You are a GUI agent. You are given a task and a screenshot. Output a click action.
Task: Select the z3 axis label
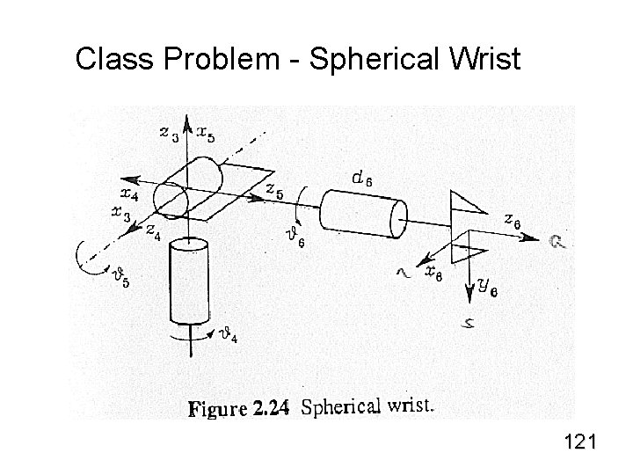click(x=169, y=134)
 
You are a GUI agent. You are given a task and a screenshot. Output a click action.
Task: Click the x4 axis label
click(x=127, y=194)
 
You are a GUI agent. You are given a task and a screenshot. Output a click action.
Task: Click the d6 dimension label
click(x=362, y=179)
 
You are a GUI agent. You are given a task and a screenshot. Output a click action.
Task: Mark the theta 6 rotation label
click(x=295, y=237)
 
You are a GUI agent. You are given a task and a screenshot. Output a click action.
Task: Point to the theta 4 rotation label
click(x=227, y=335)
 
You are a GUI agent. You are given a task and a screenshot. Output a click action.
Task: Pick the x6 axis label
click(x=433, y=274)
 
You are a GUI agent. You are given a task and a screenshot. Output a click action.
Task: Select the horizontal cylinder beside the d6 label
click(x=362, y=212)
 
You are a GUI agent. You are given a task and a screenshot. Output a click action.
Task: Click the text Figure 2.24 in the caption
click(x=239, y=408)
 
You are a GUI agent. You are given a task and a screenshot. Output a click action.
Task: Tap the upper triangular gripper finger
click(x=465, y=203)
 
